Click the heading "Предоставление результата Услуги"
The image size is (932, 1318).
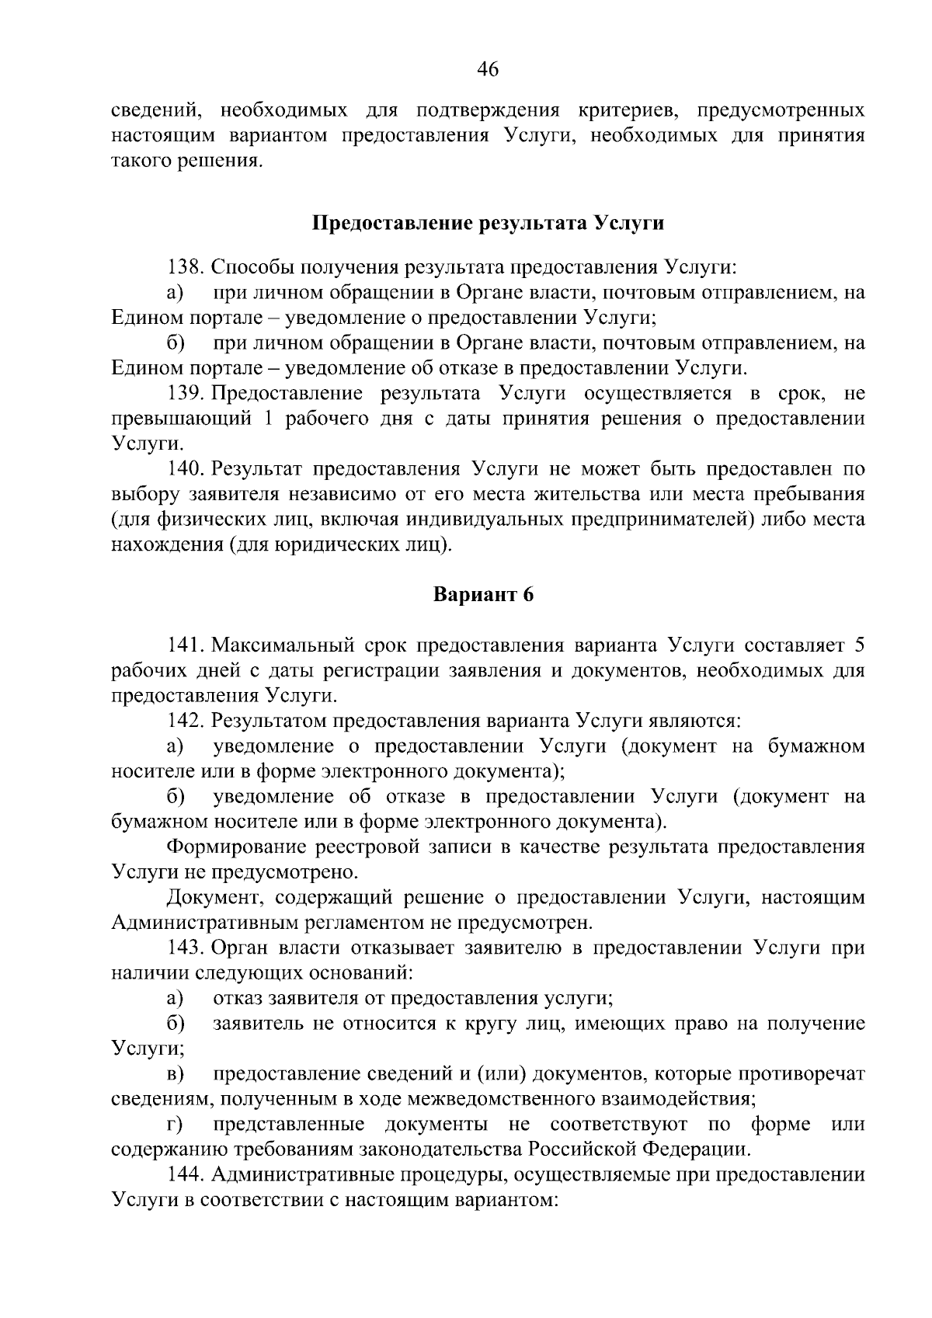[x=488, y=224]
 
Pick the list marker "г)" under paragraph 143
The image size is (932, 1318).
[x=174, y=1124]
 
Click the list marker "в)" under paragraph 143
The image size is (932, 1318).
[x=175, y=1073]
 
